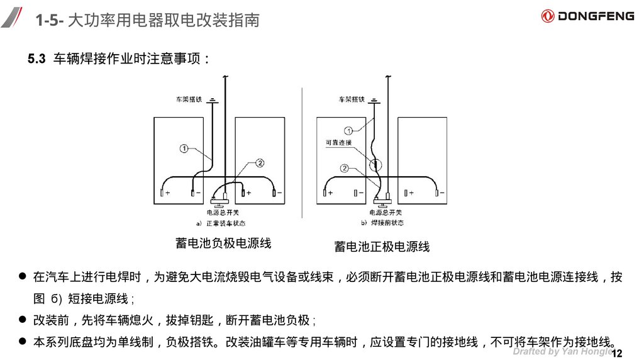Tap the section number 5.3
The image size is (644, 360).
tap(36, 59)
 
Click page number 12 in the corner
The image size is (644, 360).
tap(616, 351)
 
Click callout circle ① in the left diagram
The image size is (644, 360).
tap(184, 149)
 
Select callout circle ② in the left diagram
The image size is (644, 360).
tap(260, 162)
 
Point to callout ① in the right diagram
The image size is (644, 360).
tap(350, 130)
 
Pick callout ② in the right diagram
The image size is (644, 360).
tap(344, 168)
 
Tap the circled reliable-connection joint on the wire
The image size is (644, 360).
tap(375, 166)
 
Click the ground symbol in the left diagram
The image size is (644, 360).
tap(214, 99)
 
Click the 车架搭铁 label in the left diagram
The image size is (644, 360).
tap(188, 99)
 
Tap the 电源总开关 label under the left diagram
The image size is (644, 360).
tap(221, 213)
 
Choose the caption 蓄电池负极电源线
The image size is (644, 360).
tap(223, 243)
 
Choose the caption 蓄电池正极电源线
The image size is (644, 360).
tap(382, 247)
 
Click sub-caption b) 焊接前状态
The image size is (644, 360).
tap(382, 223)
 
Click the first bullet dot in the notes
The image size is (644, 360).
tap(22, 276)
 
